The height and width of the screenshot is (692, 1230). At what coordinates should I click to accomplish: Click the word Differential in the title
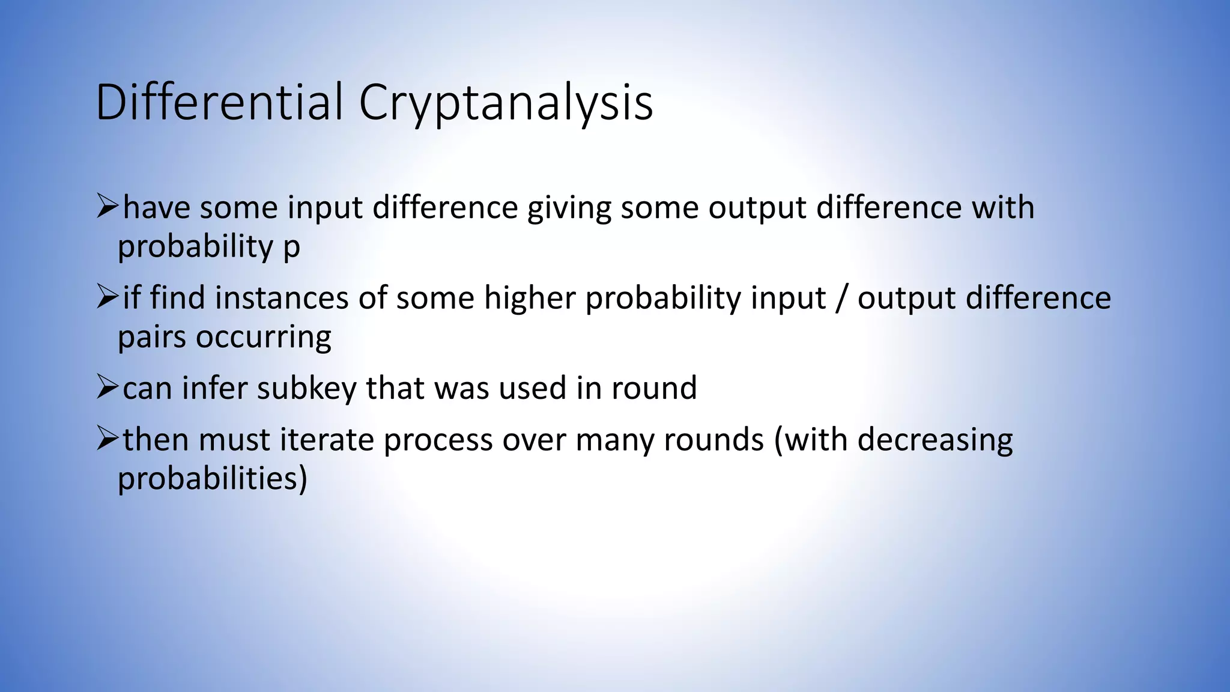[x=219, y=102]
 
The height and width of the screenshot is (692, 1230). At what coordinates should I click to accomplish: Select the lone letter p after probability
[x=291, y=248]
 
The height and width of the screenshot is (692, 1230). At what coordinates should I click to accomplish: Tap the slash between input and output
[x=841, y=299]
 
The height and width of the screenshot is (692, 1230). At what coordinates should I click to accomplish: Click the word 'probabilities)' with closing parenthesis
[x=212, y=479]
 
